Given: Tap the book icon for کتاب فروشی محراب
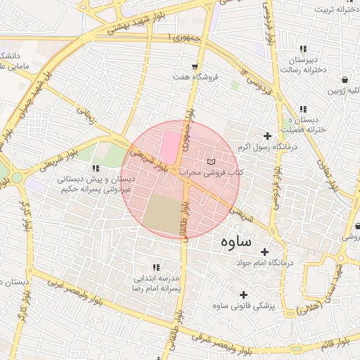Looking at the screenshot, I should point(211,162).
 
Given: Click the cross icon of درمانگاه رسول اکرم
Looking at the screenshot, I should point(266,136).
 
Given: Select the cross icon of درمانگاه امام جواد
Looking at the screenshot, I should point(264,252).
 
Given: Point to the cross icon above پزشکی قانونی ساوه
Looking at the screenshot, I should point(243,295).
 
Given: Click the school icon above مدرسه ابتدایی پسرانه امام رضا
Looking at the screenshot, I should point(156,268).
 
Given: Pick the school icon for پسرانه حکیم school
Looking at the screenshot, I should point(96,169).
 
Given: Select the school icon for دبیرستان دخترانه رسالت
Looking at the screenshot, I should point(302,49).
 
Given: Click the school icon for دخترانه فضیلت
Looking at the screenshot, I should point(303,110).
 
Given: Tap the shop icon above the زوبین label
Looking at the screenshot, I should point(345,80).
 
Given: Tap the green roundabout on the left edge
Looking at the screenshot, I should point(16,178).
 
